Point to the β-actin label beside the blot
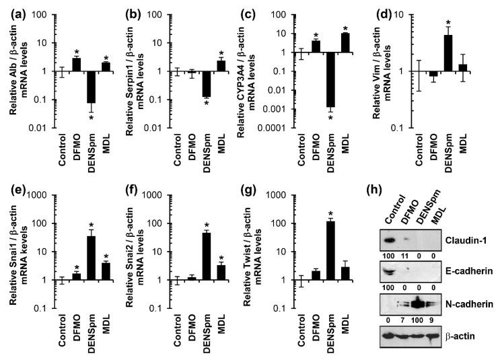pyautogui.click(x=465, y=333)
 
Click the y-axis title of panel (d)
pyautogui.click(x=402, y=64)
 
